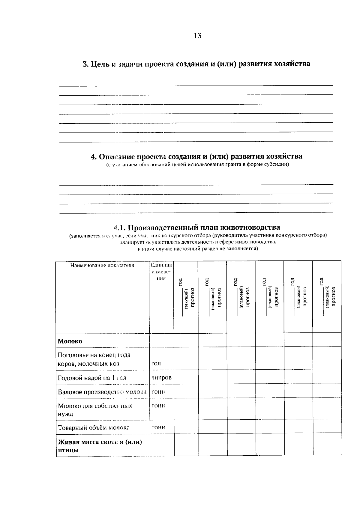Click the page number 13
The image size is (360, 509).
coord(198,36)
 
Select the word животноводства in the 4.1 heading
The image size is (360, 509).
coord(254,228)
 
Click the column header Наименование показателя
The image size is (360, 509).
coord(102,265)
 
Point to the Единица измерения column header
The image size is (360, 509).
coord(161,272)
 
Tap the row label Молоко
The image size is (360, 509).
coord(70,341)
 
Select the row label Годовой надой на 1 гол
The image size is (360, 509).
coord(92,378)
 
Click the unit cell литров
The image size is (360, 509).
coord(161,378)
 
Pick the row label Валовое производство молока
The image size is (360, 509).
coord(102,392)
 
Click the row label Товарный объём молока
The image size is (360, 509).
coord(94,427)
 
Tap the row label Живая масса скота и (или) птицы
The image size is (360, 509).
coord(100,446)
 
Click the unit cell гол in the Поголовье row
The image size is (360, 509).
coord(156,364)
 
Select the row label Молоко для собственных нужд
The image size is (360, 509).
coord(95,410)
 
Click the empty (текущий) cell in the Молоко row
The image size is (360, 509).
coord(186,340)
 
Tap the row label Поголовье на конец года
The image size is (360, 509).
coord(94,355)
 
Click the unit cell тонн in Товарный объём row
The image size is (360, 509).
coord(159,427)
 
